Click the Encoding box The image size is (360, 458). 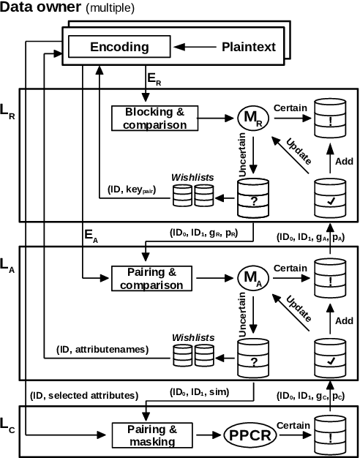coord(119,46)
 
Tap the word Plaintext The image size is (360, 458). coord(249,47)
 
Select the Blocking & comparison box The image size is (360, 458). coord(154,119)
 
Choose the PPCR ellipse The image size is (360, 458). coord(251,435)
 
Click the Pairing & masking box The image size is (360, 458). coord(152,435)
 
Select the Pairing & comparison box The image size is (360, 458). coord(151,278)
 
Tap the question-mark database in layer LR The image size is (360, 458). coord(253,198)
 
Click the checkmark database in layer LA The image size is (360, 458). coord(331,358)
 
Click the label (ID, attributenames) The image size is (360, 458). coord(102,349)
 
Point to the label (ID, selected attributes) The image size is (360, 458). coord(84,396)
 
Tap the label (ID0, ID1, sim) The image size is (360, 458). coord(199,393)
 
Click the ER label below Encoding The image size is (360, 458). coord(154,80)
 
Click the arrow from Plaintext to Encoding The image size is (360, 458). coord(195,47)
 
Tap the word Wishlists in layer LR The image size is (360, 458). coord(192,177)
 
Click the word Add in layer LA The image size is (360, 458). coord(344,320)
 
